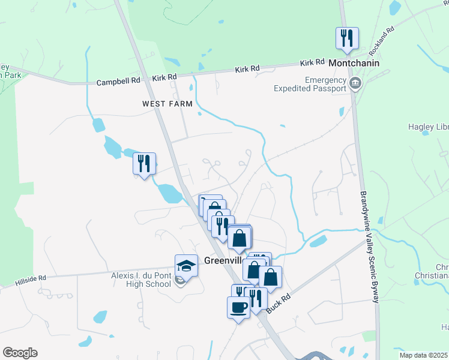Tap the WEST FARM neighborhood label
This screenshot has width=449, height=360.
[x=167, y=104]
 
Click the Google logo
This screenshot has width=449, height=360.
[x=20, y=353]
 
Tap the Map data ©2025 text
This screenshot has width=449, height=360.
[x=423, y=355]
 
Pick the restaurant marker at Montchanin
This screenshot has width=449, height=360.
[x=347, y=38]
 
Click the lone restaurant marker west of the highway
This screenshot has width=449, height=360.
[x=144, y=163]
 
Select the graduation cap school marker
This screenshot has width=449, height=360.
[x=187, y=265]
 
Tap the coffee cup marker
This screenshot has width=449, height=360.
[x=238, y=307]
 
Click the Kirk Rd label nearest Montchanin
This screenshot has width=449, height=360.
[x=312, y=62]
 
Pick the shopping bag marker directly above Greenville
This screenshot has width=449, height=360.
[x=239, y=238]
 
